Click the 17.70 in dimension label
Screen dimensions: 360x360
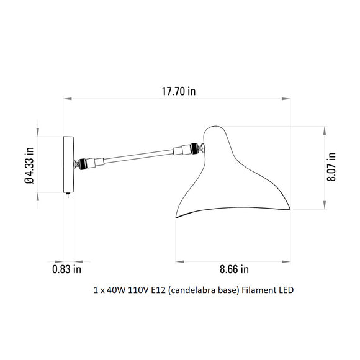(179, 91)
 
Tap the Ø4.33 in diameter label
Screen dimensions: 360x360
(29, 165)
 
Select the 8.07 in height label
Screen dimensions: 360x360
(331, 167)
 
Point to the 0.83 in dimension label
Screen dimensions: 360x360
(67, 269)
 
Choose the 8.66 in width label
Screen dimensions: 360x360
(234, 269)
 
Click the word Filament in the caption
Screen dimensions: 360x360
(259, 290)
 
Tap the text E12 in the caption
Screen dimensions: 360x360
(158, 290)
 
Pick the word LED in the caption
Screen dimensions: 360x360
(286, 290)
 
